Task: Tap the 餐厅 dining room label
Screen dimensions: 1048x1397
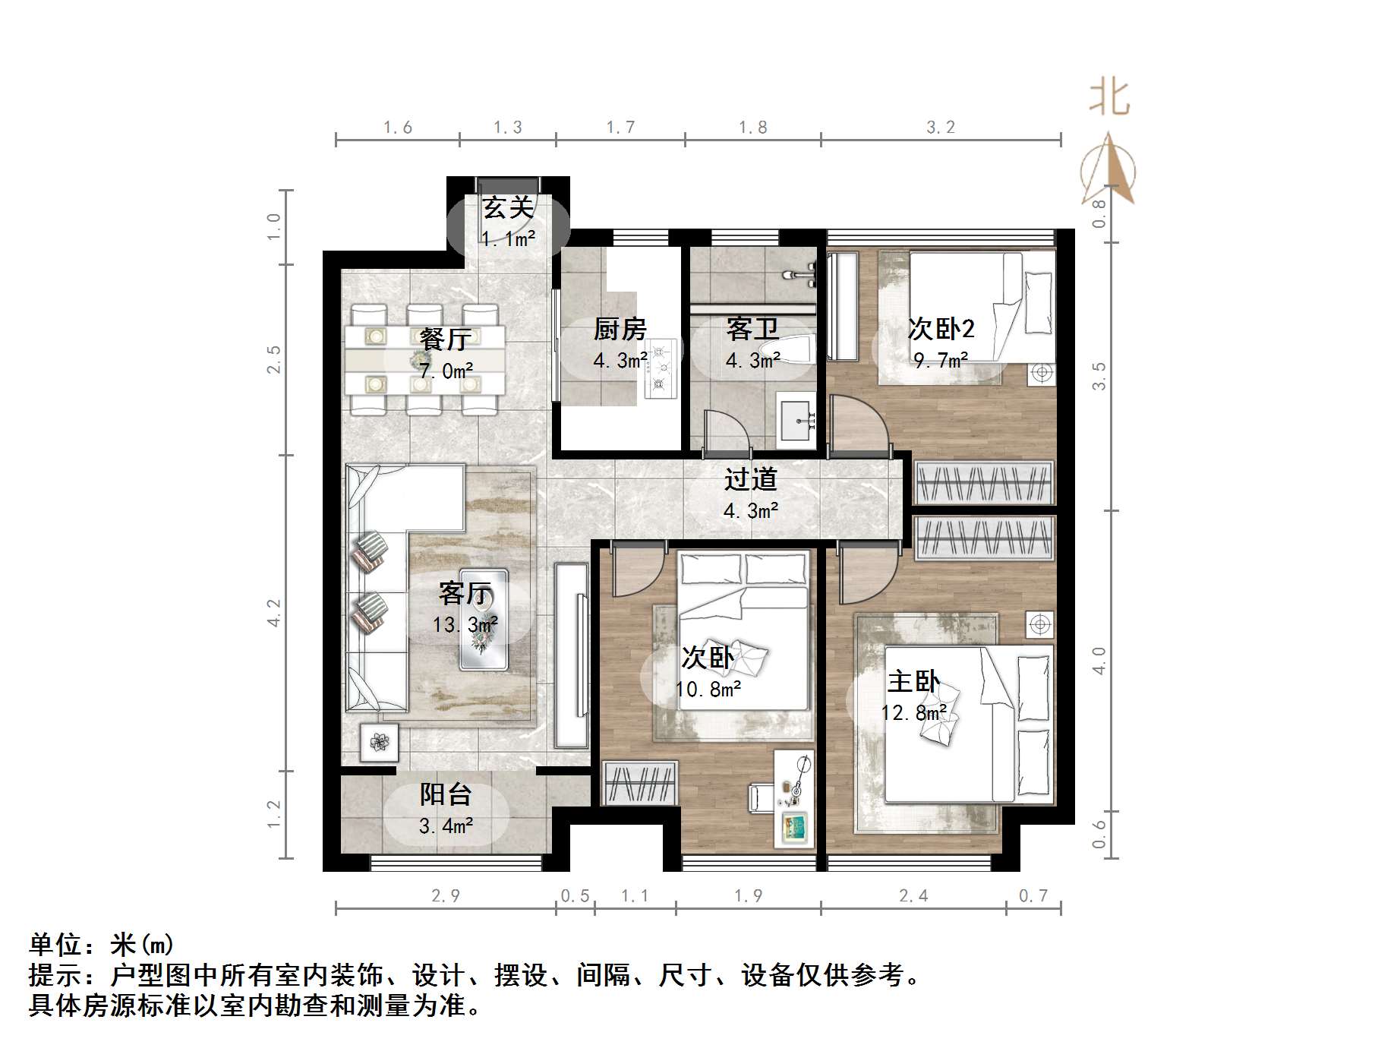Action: (x=446, y=339)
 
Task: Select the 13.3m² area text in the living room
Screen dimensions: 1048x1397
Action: (x=465, y=625)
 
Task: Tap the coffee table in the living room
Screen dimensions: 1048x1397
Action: (x=484, y=619)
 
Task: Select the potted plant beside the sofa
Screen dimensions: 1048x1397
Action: (x=379, y=740)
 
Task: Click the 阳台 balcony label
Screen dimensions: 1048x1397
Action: (x=446, y=794)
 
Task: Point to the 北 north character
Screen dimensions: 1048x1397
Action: (x=1109, y=99)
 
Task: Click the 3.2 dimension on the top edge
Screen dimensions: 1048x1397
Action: (x=940, y=127)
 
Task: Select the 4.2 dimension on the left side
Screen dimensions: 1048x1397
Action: (x=274, y=612)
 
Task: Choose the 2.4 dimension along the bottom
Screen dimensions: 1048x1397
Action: (x=913, y=896)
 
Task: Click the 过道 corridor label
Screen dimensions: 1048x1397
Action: (x=750, y=479)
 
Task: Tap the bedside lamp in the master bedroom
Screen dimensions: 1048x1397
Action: (x=1039, y=624)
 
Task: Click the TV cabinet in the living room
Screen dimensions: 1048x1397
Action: (x=571, y=655)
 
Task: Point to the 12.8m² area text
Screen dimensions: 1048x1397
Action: (x=913, y=713)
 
